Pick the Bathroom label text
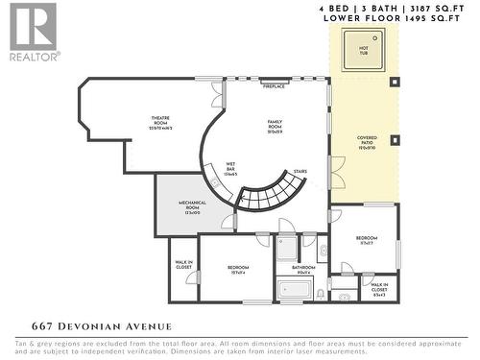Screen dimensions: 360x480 click(x=304, y=270)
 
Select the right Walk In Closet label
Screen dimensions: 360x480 click(x=379, y=287)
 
